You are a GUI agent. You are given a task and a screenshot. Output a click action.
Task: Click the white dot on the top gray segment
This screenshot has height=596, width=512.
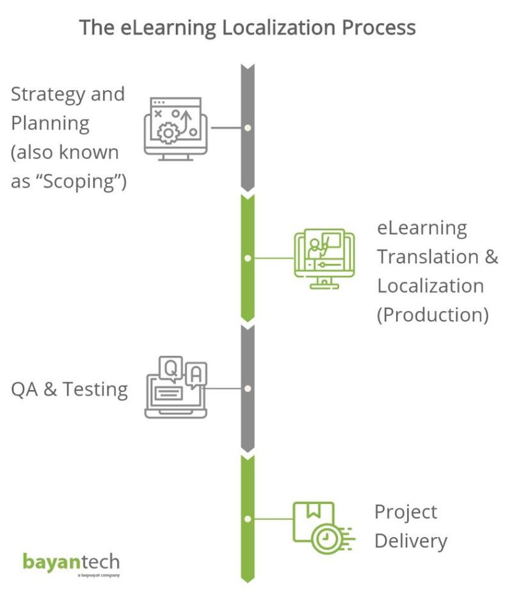click(x=248, y=128)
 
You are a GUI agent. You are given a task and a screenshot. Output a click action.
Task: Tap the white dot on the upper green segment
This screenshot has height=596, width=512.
click(x=248, y=259)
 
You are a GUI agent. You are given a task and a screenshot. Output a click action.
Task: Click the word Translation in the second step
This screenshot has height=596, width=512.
click(x=428, y=257)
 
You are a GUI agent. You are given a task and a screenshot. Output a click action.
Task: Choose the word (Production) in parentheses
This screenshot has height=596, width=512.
click(x=433, y=315)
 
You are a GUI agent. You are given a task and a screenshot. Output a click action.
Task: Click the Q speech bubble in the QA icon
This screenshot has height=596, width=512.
click(x=170, y=367)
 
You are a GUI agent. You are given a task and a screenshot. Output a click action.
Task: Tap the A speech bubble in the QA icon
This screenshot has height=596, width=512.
click(x=196, y=373)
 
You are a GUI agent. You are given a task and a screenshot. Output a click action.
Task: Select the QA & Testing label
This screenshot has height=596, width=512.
click(x=69, y=389)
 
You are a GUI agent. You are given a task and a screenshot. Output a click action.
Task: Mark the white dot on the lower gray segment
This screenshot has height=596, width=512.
click(x=248, y=389)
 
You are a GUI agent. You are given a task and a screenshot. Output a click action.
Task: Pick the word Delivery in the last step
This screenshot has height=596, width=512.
click(x=410, y=541)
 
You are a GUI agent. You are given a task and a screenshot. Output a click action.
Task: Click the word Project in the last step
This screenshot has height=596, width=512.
click(x=406, y=512)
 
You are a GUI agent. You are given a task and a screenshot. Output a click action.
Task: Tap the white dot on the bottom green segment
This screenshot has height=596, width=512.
click(x=248, y=519)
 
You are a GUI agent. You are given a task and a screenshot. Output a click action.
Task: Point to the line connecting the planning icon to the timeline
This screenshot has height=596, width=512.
click(x=226, y=128)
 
